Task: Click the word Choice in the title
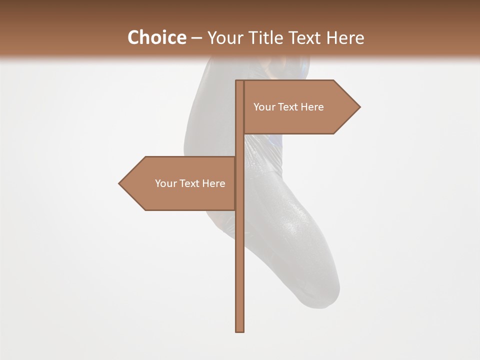click(156, 37)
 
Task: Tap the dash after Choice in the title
click(196, 38)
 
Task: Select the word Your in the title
click(225, 37)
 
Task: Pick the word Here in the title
click(346, 37)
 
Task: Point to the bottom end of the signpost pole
click(240, 330)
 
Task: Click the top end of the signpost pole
click(240, 82)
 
